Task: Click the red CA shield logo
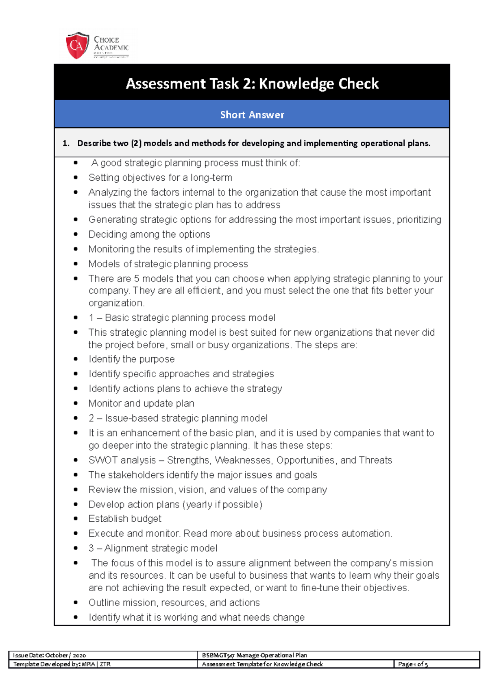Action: pyautogui.click(x=77, y=45)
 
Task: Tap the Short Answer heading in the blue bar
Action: pyautogui.click(x=252, y=115)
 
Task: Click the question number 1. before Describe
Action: pyautogui.click(x=66, y=143)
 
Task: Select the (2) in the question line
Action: pyautogui.click(x=136, y=143)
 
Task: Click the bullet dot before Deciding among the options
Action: pyautogui.click(x=76, y=234)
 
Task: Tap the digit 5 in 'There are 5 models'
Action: pyautogui.click(x=137, y=279)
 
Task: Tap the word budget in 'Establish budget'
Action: pyautogui.click(x=146, y=519)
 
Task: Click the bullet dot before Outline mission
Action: pyautogui.click(x=76, y=603)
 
